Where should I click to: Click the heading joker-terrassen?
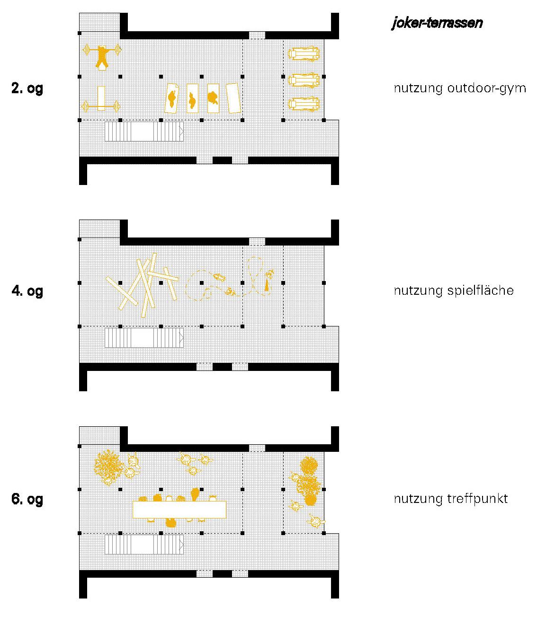coord(437,23)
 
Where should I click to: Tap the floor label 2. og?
coord(27,88)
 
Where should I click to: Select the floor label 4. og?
coord(27,290)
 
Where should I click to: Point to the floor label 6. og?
coord(27,499)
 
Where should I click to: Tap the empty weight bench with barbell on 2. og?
coord(101,100)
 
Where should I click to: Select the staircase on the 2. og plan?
coord(144,132)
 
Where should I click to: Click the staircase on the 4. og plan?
coord(144,338)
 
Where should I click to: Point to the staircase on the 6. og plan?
coord(144,545)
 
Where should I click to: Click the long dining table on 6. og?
coord(179,509)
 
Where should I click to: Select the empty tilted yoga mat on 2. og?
coord(233,98)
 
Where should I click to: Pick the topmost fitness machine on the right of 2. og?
coord(303,54)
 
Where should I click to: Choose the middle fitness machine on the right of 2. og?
coord(303,79)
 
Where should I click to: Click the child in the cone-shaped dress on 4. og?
coord(268,284)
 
